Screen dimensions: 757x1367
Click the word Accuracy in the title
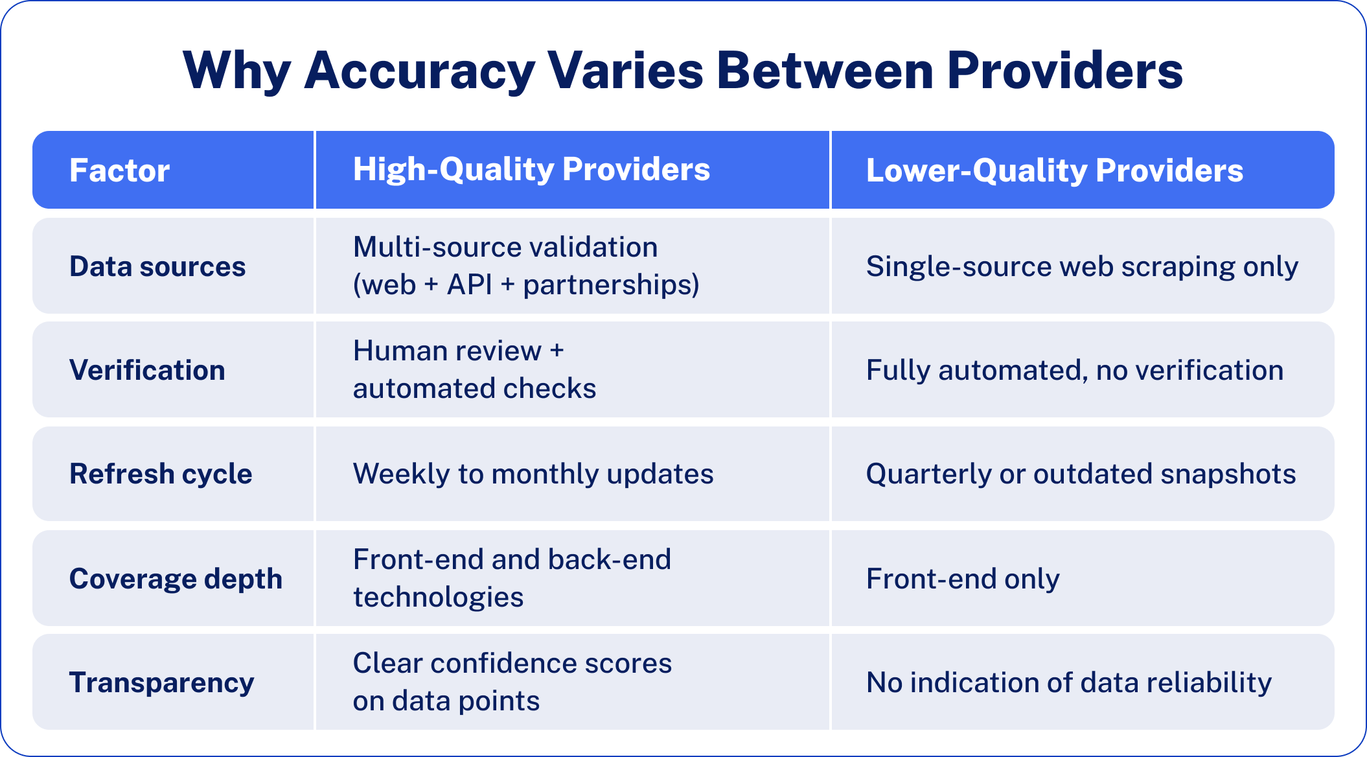(419, 70)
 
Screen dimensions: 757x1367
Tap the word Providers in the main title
(1064, 70)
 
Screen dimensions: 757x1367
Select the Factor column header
(119, 170)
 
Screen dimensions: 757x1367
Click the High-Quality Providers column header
(531, 169)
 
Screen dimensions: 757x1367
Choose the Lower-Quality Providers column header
(1054, 170)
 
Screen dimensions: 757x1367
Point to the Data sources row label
(157, 266)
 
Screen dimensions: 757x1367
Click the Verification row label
(147, 370)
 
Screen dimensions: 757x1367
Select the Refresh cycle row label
(161, 474)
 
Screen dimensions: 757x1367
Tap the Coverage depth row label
(176, 578)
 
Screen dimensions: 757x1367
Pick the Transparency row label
(161, 682)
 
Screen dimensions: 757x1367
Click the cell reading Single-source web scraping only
(1082, 266)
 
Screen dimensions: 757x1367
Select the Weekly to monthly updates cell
(533, 474)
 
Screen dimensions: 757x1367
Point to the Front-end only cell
(963, 578)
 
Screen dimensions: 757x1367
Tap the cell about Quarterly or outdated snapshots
(1081, 474)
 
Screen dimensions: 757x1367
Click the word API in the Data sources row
(470, 285)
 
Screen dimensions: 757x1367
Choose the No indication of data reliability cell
(1069, 682)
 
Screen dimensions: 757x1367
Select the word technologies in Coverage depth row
(438, 597)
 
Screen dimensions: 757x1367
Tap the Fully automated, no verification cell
(1074, 370)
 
